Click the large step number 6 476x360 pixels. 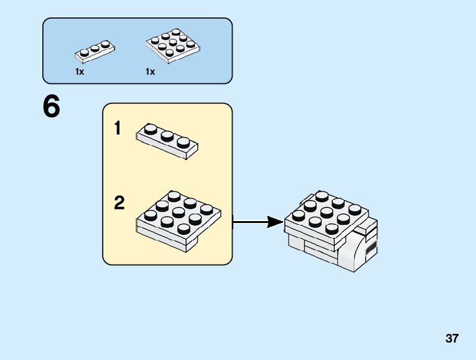pyautogui.click(x=52, y=107)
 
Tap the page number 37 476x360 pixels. pyautogui.click(x=452, y=339)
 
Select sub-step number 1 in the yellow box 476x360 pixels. pyautogui.click(x=118, y=129)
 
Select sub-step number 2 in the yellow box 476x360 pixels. pyautogui.click(x=119, y=203)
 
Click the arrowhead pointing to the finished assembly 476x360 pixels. pyautogui.click(x=274, y=221)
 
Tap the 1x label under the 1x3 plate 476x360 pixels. pyautogui.click(x=80, y=72)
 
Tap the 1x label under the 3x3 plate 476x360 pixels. pyautogui.click(x=150, y=72)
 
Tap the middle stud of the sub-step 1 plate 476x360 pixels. pyautogui.click(x=167, y=135)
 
